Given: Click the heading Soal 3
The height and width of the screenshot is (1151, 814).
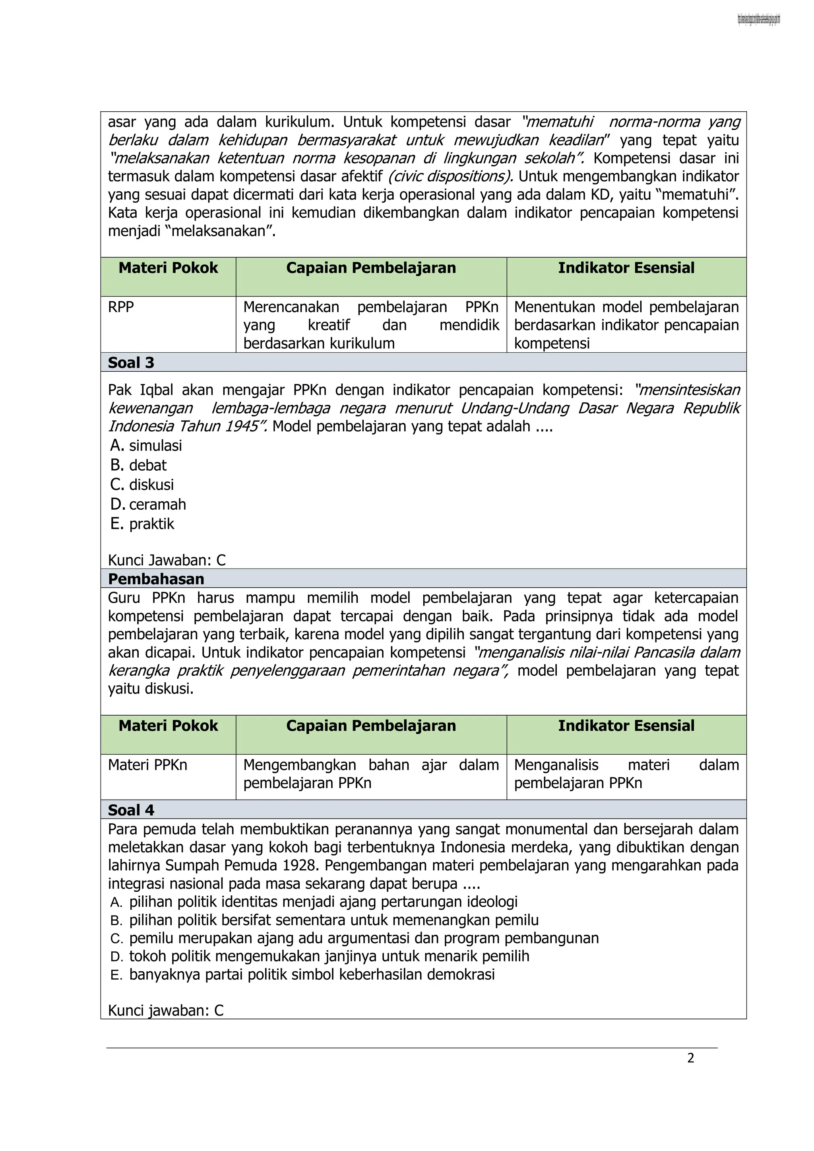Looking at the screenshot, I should [131, 363].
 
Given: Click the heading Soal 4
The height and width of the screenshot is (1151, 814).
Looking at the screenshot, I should [131, 810].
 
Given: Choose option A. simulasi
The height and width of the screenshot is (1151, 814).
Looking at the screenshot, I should [146, 445].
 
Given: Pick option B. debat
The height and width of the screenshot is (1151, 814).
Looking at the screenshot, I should [138, 465].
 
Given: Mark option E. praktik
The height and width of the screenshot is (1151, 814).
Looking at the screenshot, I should [142, 524].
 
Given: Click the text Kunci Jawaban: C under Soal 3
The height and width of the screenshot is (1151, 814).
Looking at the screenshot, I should [167, 560].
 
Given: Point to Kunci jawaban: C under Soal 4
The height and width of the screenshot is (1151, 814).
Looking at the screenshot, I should [166, 1010].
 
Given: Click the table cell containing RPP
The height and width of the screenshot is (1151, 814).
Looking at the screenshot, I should [121, 307].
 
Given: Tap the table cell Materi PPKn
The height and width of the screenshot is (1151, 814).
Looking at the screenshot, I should [147, 765].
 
